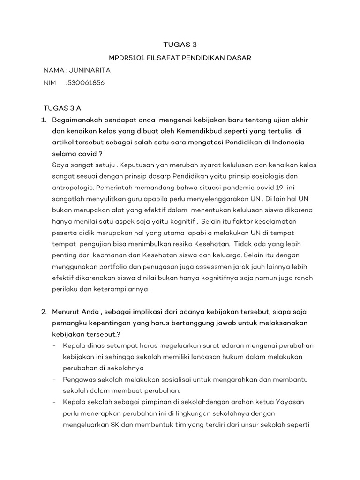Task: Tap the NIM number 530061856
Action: [x=86, y=82]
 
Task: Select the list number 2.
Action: [x=44, y=311]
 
